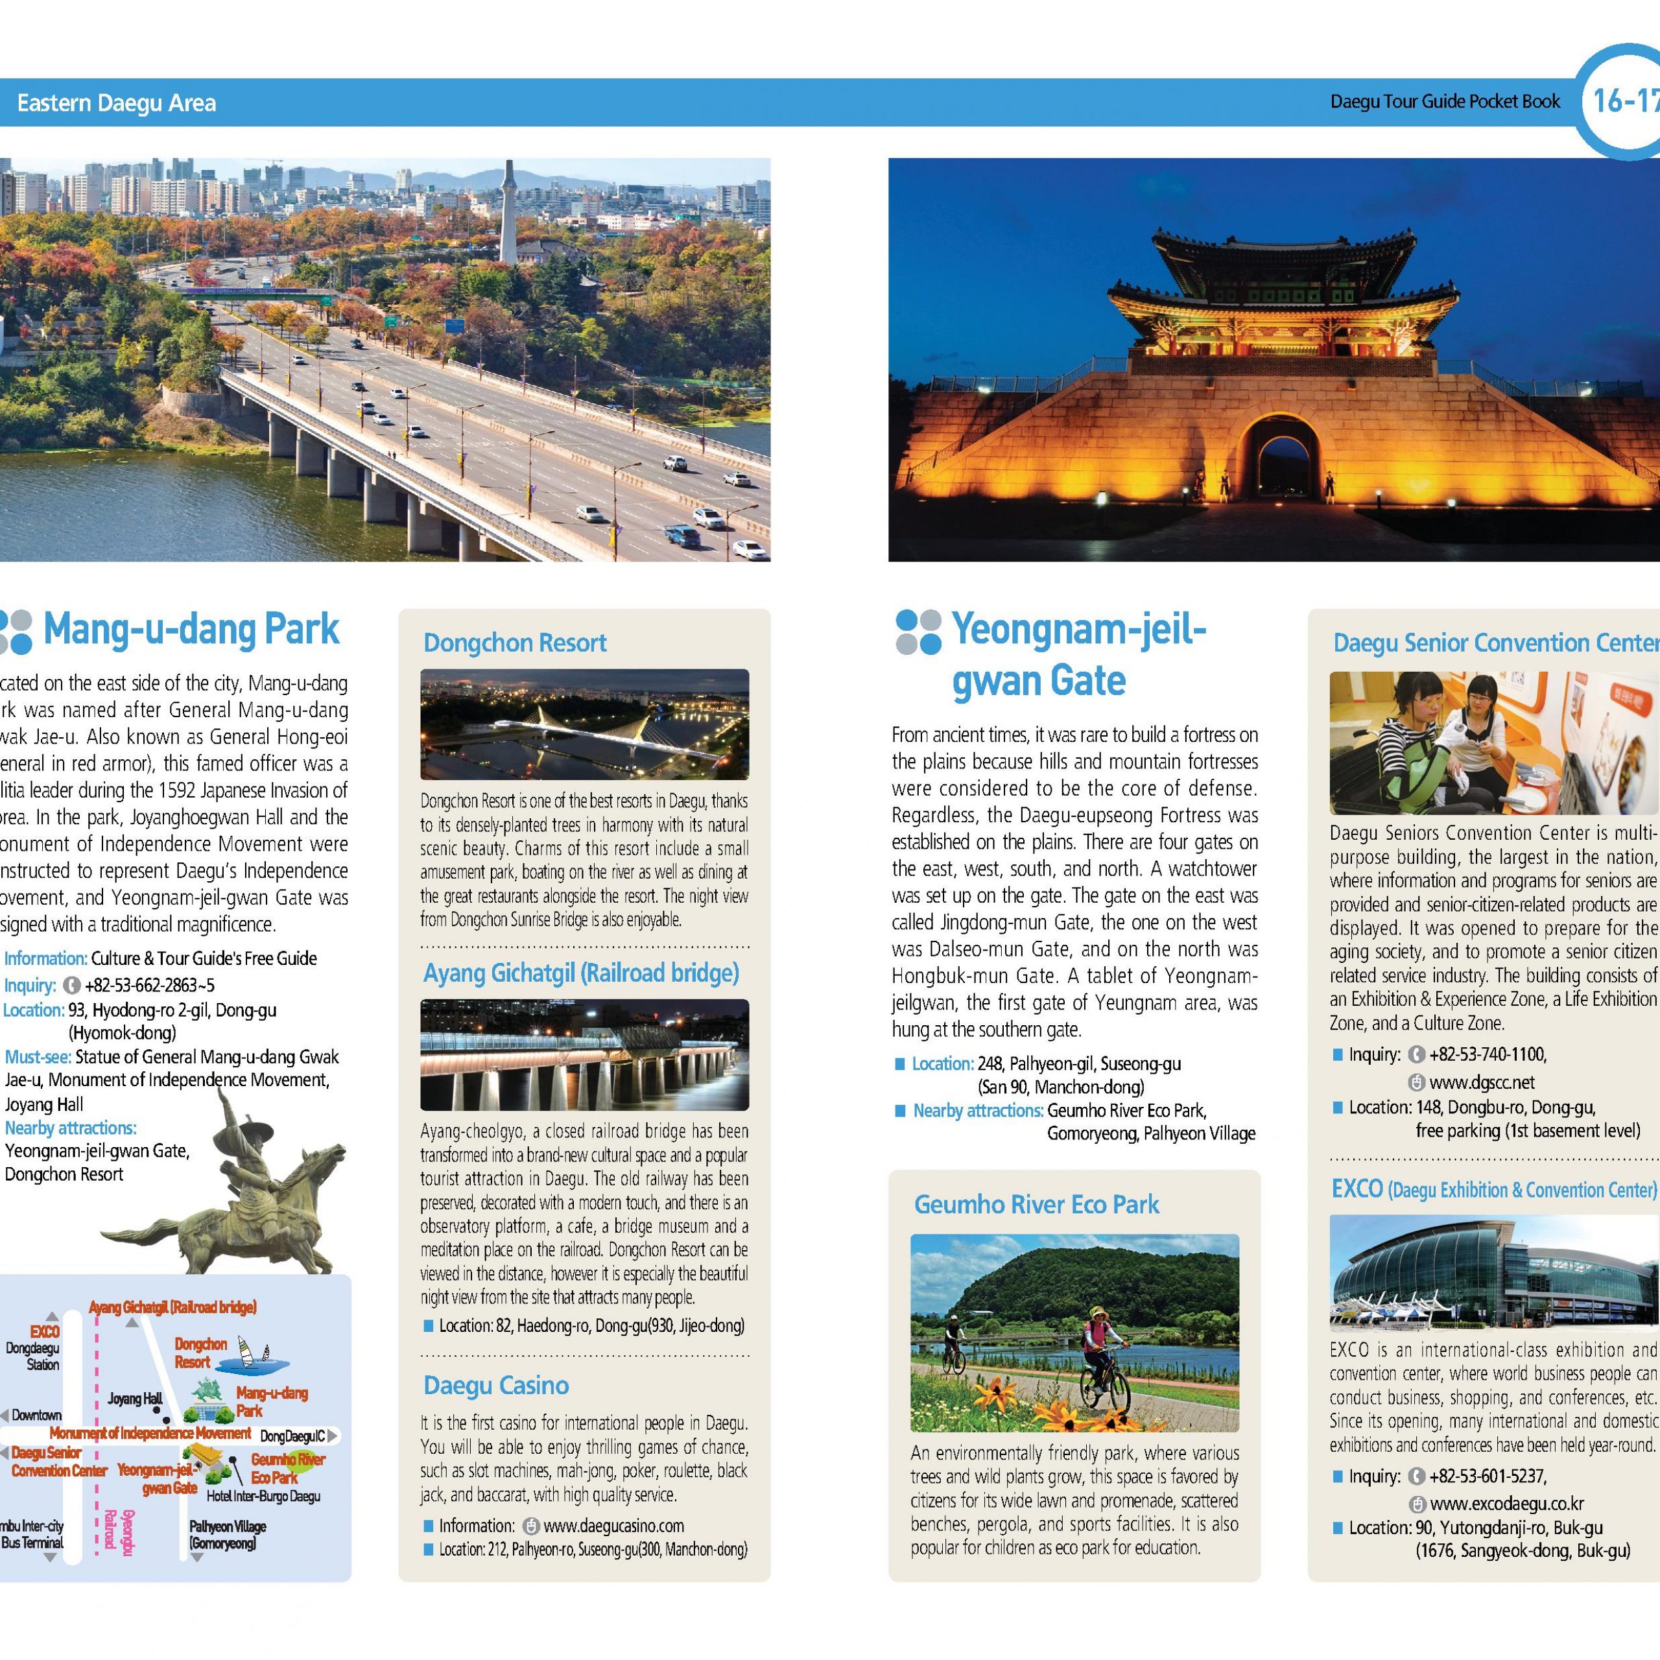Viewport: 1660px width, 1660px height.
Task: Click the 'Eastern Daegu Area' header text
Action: coord(116,103)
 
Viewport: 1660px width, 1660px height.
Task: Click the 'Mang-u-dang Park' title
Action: coord(191,629)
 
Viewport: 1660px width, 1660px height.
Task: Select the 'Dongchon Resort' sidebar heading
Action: coord(515,643)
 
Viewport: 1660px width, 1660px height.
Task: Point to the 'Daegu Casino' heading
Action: coord(496,1384)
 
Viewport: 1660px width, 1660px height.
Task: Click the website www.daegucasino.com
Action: coord(613,1525)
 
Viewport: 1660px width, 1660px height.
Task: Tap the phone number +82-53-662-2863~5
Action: coord(150,985)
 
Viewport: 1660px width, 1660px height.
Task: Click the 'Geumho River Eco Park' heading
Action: coord(1036,1203)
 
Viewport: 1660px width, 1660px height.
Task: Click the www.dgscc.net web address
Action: coord(1481,1082)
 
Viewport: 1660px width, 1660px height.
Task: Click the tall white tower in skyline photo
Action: coord(508,215)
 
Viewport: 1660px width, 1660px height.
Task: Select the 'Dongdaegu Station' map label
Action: coord(32,1356)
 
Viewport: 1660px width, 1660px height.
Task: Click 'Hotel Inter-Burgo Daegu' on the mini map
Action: coord(263,1496)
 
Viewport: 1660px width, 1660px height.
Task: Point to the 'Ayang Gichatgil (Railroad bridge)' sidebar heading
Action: coord(581,973)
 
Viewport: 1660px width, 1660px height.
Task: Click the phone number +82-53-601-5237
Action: coord(1488,1476)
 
